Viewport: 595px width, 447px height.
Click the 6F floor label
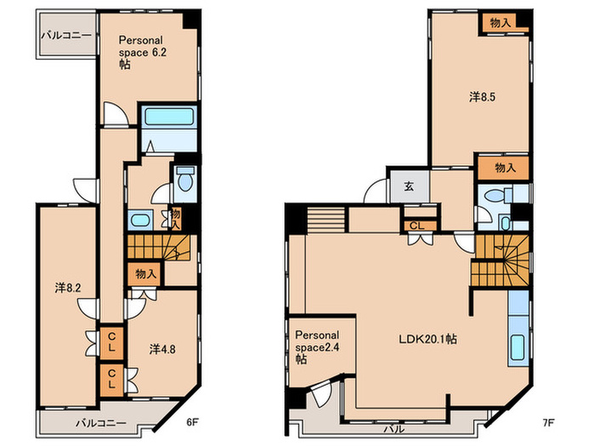point(192,422)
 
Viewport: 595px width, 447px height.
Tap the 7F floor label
point(548,422)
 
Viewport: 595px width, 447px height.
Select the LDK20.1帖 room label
point(428,339)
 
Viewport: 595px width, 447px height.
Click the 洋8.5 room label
point(482,97)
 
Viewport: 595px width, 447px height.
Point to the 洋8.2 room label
point(68,288)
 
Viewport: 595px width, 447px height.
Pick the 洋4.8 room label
point(162,349)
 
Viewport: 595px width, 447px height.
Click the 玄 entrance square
point(408,186)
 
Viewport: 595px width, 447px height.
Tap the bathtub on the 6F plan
point(169,116)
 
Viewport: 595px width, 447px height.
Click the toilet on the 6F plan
point(185,179)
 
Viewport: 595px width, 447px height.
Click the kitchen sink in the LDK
point(518,347)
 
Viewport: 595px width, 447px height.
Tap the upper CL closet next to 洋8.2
point(111,342)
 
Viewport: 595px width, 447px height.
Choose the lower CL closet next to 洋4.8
point(111,380)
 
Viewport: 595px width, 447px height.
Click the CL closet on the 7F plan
point(417,226)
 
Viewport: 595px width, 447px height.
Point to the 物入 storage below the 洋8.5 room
point(504,168)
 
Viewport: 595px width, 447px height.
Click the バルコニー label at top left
point(67,36)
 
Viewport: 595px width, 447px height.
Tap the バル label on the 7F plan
point(394,429)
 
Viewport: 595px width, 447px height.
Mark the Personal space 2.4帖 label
point(317,347)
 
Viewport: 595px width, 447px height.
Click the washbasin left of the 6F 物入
point(140,220)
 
